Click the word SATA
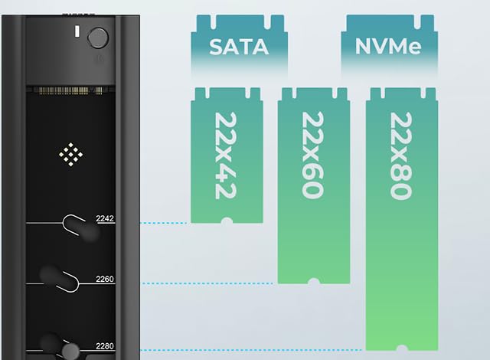point(239,47)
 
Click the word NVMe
point(388,46)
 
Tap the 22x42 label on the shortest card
point(226,155)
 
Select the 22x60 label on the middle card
point(313,155)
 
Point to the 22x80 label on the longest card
point(401,156)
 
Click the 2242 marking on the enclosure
point(105,218)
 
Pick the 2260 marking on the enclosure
point(105,279)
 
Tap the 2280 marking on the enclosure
point(105,346)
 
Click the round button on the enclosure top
point(98,38)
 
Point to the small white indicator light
point(77,32)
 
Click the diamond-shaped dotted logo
point(71,155)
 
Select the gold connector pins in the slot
point(68,90)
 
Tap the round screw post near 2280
point(70,352)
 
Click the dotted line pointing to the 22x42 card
point(163,223)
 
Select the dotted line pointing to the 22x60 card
point(207,283)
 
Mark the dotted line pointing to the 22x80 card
point(251,350)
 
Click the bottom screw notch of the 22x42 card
point(227,221)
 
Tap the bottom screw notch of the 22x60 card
point(314,281)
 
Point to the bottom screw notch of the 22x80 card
point(402,348)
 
